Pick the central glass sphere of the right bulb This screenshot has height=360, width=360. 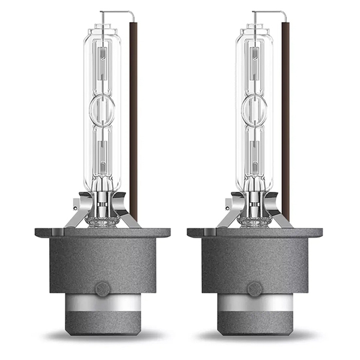254,109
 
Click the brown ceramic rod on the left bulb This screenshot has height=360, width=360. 133,120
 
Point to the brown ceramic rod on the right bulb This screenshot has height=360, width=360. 286,120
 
